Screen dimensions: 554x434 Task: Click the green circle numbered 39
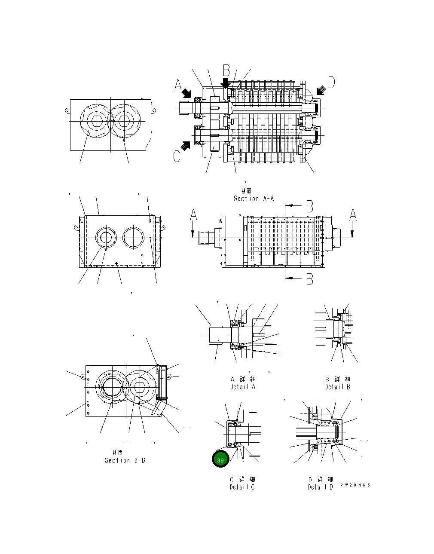click(220, 459)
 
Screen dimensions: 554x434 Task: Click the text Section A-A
click(254, 199)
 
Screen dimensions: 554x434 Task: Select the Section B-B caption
click(125, 460)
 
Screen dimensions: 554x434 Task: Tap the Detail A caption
click(243, 387)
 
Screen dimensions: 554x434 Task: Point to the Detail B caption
click(337, 387)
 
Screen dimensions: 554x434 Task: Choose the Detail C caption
click(242, 487)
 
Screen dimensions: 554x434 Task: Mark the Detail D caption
click(320, 487)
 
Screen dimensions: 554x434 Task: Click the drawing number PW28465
click(355, 485)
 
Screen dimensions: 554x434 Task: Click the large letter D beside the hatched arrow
click(331, 82)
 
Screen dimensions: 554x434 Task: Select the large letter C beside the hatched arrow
click(177, 156)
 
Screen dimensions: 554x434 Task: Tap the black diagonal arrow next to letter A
click(186, 92)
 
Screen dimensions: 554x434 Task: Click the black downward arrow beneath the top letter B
click(226, 83)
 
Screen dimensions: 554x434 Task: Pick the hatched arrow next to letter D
click(320, 90)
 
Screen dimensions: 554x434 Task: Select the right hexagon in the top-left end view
click(125, 121)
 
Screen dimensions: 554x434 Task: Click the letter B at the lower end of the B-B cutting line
click(309, 280)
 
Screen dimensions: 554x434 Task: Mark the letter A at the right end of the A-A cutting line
click(353, 215)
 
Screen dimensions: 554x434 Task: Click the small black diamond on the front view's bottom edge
click(117, 264)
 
